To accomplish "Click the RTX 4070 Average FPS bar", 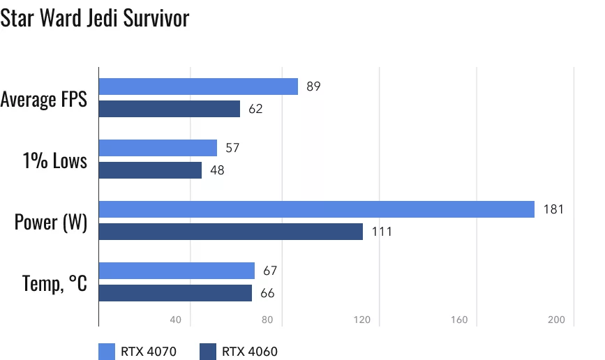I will pos(198,87).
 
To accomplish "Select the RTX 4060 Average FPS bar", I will pos(170,109).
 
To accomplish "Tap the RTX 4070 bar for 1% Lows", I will pos(158,148).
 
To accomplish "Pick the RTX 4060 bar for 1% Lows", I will pos(150,170).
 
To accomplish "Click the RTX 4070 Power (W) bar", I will pos(317,209).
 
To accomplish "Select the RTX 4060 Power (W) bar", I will pos(231,232).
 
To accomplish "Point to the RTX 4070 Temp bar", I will pos(177,271).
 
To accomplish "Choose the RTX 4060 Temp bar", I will pos(175,293).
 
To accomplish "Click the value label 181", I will pos(553,209).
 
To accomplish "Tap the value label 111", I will pos(381,232).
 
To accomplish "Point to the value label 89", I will pos(313,87).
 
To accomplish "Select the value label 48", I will pos(217,170).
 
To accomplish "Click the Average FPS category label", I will pos(44,99).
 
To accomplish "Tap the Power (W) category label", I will pos(51,223).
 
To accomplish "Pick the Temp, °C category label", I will pos(54,283).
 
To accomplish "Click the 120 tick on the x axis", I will pos(362,320).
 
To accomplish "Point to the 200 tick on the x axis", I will pos(556,320).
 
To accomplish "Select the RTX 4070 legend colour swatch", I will pos(107,351).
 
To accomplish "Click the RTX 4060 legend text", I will pos(249,351).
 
